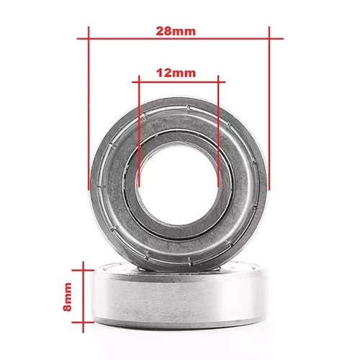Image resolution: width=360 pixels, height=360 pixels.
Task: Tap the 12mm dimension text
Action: (176, 73)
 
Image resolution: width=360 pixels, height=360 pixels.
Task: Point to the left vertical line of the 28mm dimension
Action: (89, 108)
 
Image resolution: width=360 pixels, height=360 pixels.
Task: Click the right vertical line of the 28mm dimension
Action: (268, 108)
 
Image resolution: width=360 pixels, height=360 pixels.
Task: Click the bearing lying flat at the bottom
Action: (180, 302)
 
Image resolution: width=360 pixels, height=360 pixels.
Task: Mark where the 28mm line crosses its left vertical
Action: (89, 37)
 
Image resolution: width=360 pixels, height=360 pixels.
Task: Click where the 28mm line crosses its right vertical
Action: (268, 37)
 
